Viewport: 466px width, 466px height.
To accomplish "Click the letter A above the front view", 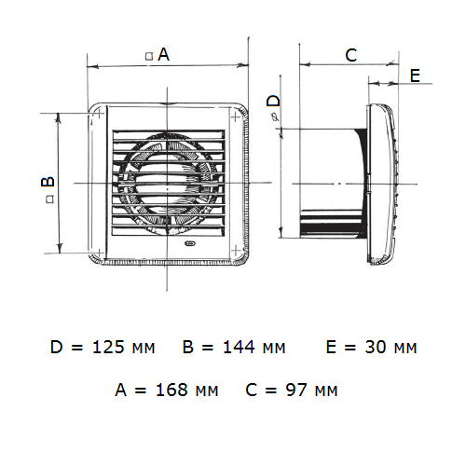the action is (x=163, y=54).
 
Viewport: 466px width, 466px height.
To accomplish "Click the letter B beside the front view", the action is (x=48, y=182).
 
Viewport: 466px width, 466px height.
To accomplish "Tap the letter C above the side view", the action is (x=351, y=55).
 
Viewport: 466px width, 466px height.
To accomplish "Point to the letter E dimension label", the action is (x=416, y=75).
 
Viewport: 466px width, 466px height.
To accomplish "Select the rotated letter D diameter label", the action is (x=273, y=101).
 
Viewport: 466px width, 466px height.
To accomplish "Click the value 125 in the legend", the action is (x=108, y=347).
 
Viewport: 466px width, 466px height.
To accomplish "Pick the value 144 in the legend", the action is (x=239, y=347).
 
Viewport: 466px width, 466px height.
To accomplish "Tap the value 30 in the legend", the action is (x=376, y=347).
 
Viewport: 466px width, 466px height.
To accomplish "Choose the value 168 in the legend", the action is (x=171, y=390).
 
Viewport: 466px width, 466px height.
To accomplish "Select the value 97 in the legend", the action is (x=296, y=390).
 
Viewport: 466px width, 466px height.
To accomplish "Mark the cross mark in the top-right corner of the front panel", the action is (x=236, y=117).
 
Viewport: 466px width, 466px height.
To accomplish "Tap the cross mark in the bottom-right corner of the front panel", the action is (x=236, y=251).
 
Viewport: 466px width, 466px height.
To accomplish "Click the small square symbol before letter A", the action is (x=149, y=56).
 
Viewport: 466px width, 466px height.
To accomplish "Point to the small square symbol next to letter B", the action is (x=50, y=199).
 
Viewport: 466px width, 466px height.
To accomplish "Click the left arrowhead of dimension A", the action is (x=92, y=66).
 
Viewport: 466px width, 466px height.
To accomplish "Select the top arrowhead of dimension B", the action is (x=58, y=118).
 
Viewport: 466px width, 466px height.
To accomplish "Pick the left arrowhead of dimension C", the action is (x=305, y=64).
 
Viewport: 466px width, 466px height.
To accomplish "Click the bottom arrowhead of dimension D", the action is (x=281, y=232).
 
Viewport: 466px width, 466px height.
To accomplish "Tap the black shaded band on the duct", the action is (x=332, y=229).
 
